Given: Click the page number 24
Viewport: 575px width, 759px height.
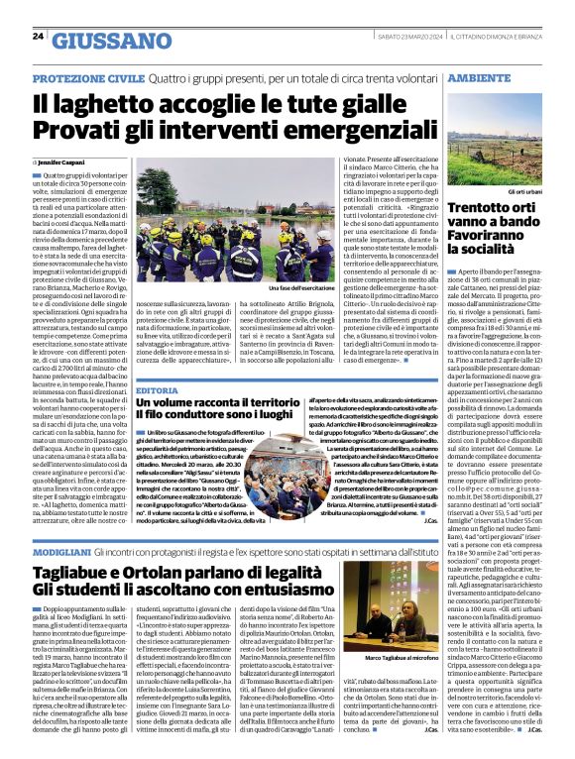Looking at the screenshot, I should (38, 37).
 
